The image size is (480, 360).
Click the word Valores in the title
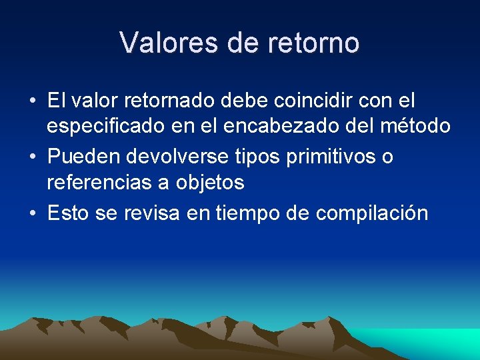tap(169, 43)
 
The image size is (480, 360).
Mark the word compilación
tap(372, 213)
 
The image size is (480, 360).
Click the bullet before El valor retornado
tap(32, 102)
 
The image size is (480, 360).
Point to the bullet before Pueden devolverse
tap(32, 158)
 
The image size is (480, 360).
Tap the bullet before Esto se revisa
tap(32, 214)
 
